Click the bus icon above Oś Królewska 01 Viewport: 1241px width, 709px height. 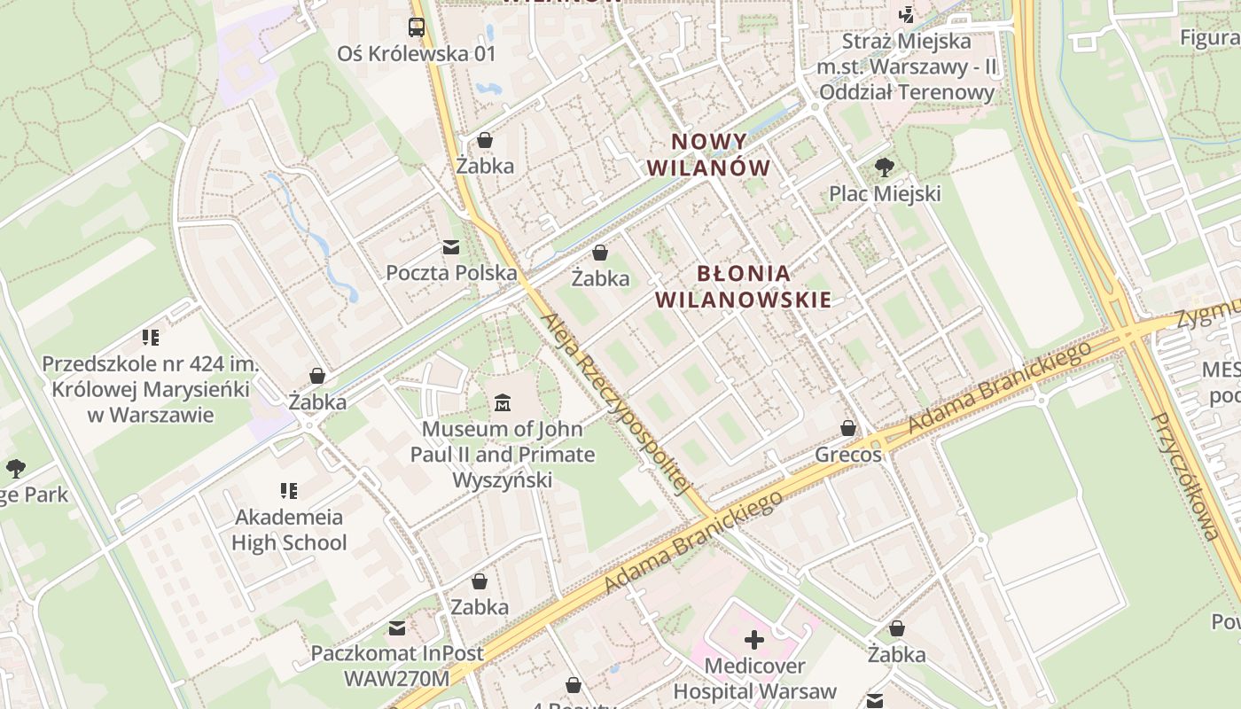[x=417, y=27]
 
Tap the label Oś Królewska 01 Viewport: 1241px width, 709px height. [x=417, y=53]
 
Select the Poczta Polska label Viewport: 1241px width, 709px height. [x=451, y=273]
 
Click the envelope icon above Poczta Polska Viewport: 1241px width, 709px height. [x=451, y=247]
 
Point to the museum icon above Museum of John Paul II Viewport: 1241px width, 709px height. [x=503, y=403]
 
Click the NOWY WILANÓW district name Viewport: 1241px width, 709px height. [x=708, y=154]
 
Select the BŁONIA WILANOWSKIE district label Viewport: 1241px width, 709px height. [x=744, y=286]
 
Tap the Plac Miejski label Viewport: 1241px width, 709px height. [x=885, y=193]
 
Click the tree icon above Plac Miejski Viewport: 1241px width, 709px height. [x=884, y=167]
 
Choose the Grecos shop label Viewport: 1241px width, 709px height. [x=848, y=455]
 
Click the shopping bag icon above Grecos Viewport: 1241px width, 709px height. [x=848, y=429]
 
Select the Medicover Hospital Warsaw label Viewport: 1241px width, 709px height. [x=754, y=679]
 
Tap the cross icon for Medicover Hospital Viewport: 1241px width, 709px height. [x=754, y=639]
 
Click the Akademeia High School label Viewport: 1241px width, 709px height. [x=289, y=529]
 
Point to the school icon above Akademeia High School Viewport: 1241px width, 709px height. [x=288, y=490]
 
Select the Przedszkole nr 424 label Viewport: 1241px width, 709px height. [x=150, y=389]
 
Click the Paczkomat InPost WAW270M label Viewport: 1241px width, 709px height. [x=397, y=666]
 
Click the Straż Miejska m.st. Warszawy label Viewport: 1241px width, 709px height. [x=907, y=66]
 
